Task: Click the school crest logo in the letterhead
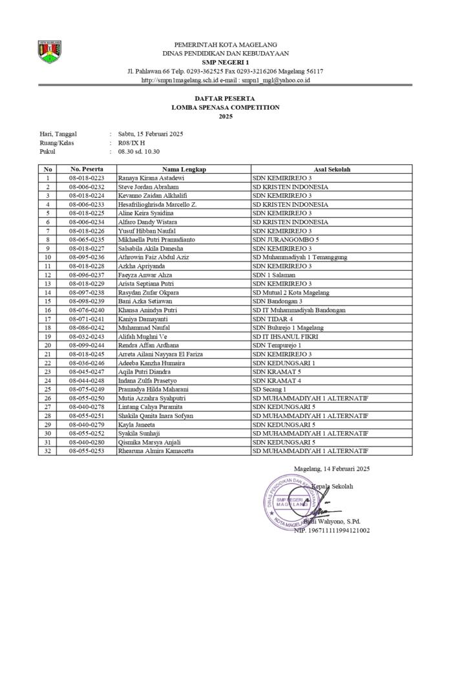pyautogui.click(x=50, y=52)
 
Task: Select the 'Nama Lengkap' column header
pyautogui.click(x=184, y=169)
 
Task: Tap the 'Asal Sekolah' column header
pyautogui.click(x=332, y=169)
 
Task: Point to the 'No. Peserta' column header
pyautogui.click(x=87, y=169)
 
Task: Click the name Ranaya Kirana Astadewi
pyautogui.click(x=151, y=177)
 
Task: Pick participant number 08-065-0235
pyautogui.click(x=87, y=239)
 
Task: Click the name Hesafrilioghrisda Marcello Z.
pyautogui.click(x=157, y=204)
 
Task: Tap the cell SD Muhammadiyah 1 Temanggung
pyautogui.click(x=300, y=257)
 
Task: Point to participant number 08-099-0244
pyautogui.click(x=87, y=346)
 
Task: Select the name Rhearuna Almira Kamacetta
pyautogui.click(x=156, y=451)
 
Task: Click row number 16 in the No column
pyautogui.click(x=47, y=310)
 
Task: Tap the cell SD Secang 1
pyautogui.click(x=270, y=390)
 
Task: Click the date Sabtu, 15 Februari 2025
pyautogui.click(x=151, y=134)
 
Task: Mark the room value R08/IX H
pyautogui.click(x=132, y=143)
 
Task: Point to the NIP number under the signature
pyautogui.click(x=332, y=530)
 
